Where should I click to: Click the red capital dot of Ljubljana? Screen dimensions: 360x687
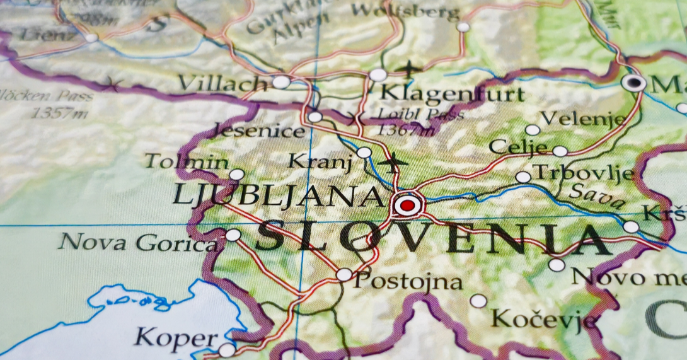pyautogui.click(x=408, y=205)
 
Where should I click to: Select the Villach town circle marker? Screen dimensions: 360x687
pyautogui.click(x=281, y=82)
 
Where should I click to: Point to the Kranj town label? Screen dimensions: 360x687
pyautogui.click(x=320, y=161)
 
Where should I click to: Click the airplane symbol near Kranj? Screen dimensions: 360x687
pyautogui.click(x=394, y=162)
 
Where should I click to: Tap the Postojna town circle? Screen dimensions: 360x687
pyautogui.click(x=344, y=274)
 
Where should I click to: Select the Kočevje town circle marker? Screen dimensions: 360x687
pyautogui.click(x=478, y=301)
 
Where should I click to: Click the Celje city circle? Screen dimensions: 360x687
pyautogui.click(x=560, y=151)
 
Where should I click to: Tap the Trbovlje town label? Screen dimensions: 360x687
pyautogui.click(x=583, y=172)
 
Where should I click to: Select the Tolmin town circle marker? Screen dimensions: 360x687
pyautogui.click(x=236, y=175)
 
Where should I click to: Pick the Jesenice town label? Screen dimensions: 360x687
pyautogui.click(x=259, y=131)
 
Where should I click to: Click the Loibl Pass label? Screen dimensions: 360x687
pyautogui.click(x=420, y=115)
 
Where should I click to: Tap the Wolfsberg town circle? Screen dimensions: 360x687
pyautogui.click(x=463, y=26)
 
